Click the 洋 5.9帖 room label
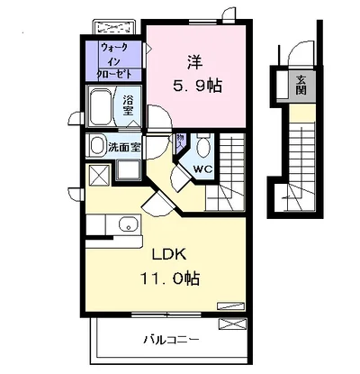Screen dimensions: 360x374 point(197,74)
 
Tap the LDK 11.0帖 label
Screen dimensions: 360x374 point(170,267)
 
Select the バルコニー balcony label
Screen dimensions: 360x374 point(171,340)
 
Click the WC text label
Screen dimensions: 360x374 point(202,169)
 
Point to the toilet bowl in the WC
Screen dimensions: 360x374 point(203,147)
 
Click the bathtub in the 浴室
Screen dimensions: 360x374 point(101,107)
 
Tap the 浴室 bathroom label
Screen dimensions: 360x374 point(128,105)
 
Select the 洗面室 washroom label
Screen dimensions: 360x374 point(124,147)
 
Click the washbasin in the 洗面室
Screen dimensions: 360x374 point(97,146)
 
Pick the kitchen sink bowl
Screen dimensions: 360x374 point(129,224)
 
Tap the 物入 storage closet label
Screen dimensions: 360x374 point(180,141)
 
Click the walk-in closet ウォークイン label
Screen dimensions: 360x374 point(115,55)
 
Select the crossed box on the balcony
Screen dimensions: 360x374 point(232,325)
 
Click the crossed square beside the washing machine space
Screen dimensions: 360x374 point(100,175)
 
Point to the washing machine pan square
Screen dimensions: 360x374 point(129,170)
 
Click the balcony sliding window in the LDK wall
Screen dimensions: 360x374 point(166,315)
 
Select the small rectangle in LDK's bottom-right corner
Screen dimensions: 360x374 point(230,306)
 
